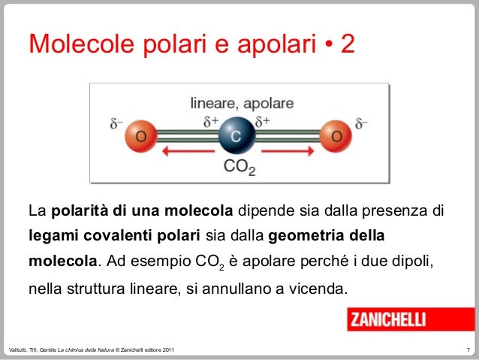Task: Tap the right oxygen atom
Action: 336,137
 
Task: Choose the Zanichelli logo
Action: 387,319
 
